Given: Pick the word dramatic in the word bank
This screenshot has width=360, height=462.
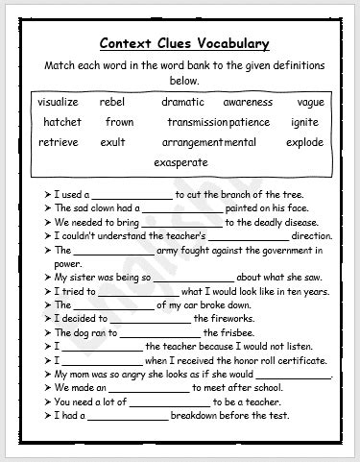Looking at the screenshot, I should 182,102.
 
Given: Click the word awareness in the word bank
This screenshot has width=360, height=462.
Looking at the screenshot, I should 248,102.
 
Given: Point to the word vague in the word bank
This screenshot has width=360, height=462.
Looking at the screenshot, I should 310,102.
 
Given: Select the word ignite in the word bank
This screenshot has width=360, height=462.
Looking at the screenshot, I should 304,122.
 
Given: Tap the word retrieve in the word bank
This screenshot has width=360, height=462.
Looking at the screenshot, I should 59,142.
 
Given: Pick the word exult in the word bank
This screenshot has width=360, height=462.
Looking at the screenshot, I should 112,142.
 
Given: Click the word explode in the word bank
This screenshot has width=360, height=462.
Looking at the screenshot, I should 306,142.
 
